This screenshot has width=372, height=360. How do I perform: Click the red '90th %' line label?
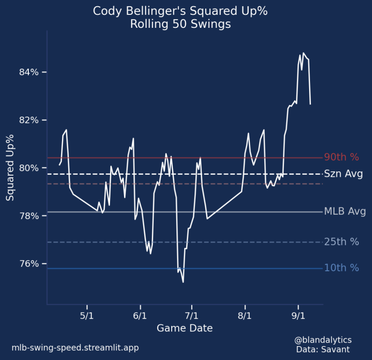click(342, 157)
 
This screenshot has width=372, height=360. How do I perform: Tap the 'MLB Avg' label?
click(345, 211)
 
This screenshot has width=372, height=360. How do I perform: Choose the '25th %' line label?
click(342, 242)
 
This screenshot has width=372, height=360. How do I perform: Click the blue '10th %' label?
click(342, 268)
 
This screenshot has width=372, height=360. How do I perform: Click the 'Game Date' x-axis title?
click(185, 328)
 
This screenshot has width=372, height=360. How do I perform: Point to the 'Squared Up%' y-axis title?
click(11, 168)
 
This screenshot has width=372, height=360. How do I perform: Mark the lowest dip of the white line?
click(183, 282)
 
